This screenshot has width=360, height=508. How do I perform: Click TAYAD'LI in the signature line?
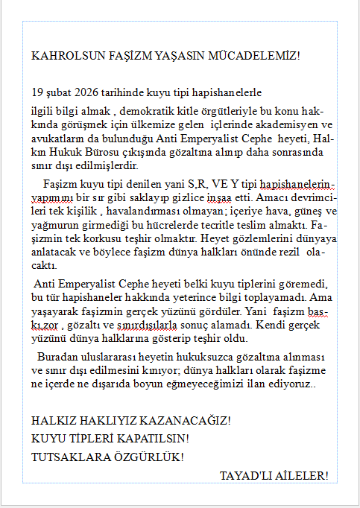(243, 475)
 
